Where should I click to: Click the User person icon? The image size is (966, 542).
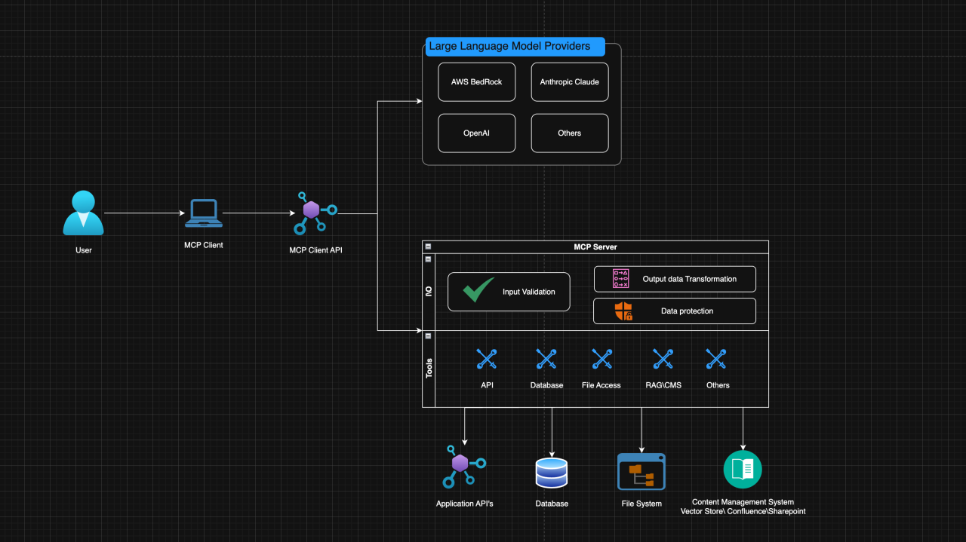[x=83, y=213]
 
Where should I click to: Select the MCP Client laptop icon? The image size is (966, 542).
[x=204, y=213]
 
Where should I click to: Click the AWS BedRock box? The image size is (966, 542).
[x=476, y=81]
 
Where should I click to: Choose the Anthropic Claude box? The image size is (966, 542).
[x=569, y=81]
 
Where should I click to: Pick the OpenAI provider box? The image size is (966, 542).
[x=476, y=133]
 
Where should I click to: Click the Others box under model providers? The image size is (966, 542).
[x=569, y=133]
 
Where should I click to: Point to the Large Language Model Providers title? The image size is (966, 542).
[x=509, y=47]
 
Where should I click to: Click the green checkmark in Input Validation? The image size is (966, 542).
[x=478, y=290]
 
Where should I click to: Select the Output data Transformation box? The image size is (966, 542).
[x=674, y=279]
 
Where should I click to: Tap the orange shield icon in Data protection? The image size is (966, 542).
[x=623, y=311]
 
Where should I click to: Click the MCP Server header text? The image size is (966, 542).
[x=595, y=247]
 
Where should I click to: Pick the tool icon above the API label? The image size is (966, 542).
[x=487, y=359]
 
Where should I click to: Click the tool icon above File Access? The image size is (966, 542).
[x=601, y=359]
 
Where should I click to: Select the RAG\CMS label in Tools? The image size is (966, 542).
[x=663, y=385]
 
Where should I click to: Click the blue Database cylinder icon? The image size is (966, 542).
[x=551, y=473]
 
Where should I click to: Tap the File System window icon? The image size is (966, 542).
[x=641, y=472]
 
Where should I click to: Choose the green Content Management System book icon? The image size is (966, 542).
[x=743, y=470]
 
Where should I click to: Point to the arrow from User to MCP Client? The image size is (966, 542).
[x=143, y=213]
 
